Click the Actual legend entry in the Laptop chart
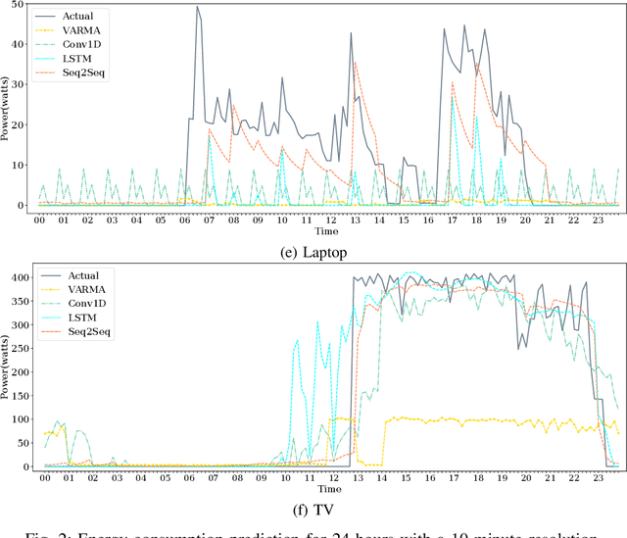(x=76, y=17)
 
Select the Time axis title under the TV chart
(x=329, y=489)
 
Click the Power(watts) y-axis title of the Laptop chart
(x=6, y=111)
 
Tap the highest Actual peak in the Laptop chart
(x=197, y=8)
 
